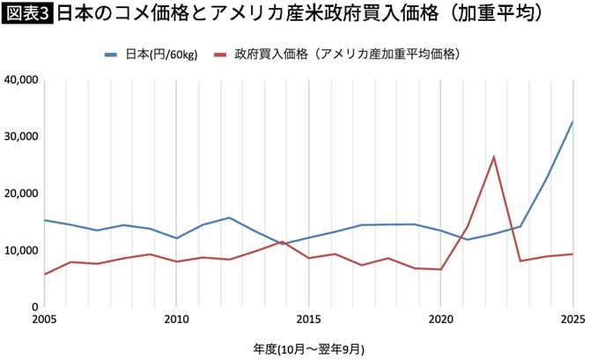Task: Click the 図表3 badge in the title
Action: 27,15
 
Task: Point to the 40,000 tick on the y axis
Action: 19,80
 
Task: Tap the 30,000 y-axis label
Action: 19,136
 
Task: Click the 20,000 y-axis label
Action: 19,194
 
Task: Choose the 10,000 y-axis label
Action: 19,250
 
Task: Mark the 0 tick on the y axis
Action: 33,306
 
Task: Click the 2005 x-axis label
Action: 44,319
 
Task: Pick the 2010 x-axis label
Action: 176,319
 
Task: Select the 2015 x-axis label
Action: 308,319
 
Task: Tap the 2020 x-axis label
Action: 440,319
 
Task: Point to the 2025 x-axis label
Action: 572,319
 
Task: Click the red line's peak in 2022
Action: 493,157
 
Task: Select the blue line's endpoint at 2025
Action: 572,121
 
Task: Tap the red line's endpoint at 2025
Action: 572,254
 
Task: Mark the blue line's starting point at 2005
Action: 44,220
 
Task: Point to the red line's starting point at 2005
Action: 44,274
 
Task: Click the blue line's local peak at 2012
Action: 229,217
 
